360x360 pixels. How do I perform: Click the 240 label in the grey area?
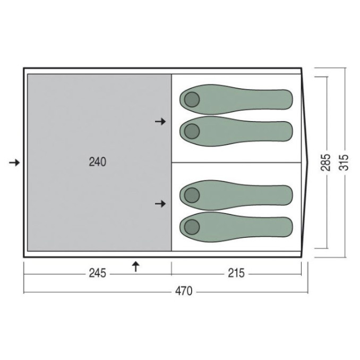click(x=98, y=162)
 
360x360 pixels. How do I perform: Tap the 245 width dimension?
click(x=98, y=273)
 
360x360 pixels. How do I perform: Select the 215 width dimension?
click(x=236, y=273)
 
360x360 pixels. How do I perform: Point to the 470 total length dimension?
click(x=184, y=291)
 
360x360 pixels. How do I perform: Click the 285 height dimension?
click(x=325, y=162)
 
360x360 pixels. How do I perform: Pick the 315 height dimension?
click(x=344, y=162)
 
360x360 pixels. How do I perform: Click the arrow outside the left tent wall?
click(x=14, y=163)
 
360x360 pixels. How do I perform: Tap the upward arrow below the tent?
click(x=136, y=267)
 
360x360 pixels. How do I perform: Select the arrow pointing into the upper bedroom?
click(x=160, y=122)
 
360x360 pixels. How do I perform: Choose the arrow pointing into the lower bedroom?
click(x=160, y=204)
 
